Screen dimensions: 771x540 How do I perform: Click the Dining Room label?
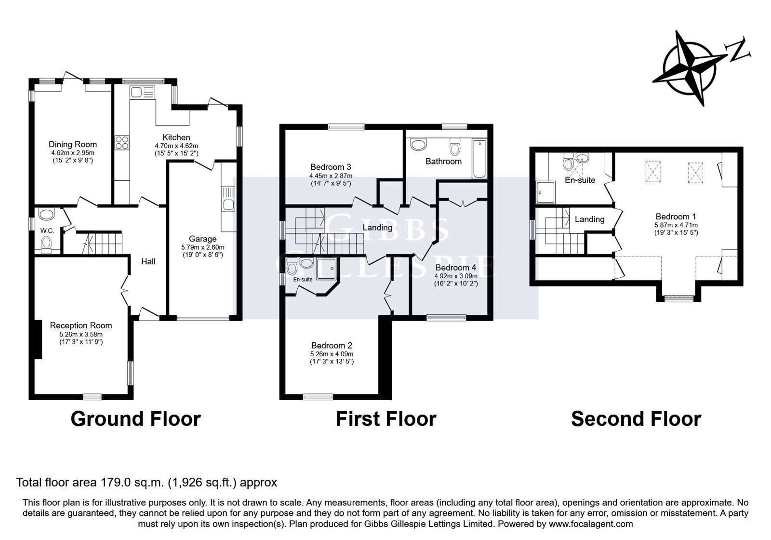coord(73,144)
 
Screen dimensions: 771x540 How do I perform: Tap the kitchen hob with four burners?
coord(122,143)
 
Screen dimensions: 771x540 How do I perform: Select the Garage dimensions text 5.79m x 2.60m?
coord(203,247)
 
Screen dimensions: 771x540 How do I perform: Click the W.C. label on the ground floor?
coord(47,231)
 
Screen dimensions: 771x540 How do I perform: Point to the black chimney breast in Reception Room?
coord(38,339)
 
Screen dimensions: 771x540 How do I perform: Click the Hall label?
coord(148,262)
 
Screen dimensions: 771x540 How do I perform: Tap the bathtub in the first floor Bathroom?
coord(479,159)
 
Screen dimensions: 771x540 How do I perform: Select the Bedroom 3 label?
coord(331,167)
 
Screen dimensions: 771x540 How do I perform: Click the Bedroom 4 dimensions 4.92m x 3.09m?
coord(456,276)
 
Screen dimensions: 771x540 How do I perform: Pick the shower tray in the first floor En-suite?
coord(326,268)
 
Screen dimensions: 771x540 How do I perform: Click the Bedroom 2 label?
coord(332,345)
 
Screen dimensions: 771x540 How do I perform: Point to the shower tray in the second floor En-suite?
coord(545,192)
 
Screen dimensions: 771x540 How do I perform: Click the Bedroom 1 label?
coord(676,216)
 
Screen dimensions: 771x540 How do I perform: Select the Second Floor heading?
coord(636,419)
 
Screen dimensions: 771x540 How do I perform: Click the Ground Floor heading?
coord(135,419)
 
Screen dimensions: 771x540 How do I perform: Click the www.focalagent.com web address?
coord(591,524)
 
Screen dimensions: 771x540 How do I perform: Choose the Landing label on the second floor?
coord(590,219)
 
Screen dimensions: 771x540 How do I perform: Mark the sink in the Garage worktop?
coord(228,199)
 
